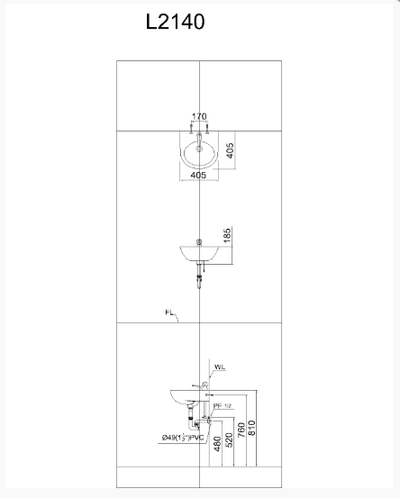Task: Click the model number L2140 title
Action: [x=175, y=22]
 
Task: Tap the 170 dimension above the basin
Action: [x=199, y=116]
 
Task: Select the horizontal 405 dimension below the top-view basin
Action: [x=199, y=176]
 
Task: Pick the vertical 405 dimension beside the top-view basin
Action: [x=230, y=149]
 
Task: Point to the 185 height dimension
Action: [x=228, y=238]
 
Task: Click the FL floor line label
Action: [x=169, y=313]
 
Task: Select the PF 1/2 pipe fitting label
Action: [x=221, y=406]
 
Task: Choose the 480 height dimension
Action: [x=217, y=445]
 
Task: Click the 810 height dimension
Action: [x=252, y=430]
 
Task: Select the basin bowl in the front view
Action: [x=199, y=254]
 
